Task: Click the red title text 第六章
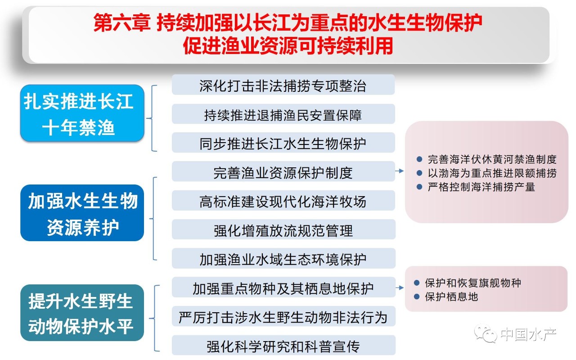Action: [122, 23]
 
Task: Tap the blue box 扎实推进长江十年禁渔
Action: [82, 113]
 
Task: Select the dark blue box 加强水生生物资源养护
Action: [82, 213]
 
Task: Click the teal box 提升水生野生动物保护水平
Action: [82, 313]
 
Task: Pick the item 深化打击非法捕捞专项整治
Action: [283, 85]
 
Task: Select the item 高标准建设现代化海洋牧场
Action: [283, 201]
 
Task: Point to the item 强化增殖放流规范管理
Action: [283, 229]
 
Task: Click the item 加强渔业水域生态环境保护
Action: [283, 258]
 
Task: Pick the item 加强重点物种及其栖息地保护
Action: [283, 287]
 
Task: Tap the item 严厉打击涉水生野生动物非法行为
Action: [283, 316]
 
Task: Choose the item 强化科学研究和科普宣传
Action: [283, 345]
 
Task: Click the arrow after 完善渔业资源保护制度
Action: [399, 171]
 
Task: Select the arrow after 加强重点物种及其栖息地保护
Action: [400, 288]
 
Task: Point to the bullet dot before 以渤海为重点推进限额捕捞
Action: [419, 173]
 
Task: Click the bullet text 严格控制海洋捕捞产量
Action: [481, 187]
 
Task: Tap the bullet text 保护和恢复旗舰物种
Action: [473, 283]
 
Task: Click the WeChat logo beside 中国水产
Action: [486, 333]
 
